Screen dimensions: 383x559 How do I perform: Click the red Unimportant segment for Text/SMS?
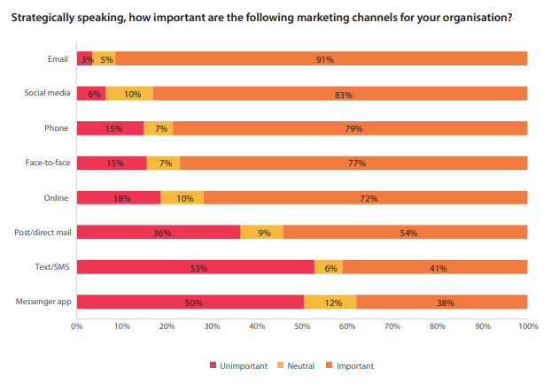click(x=195, y=267)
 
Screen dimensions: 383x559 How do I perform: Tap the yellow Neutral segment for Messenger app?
click(x=330, y=302)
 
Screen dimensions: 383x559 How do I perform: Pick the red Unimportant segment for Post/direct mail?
click(x=158, y=233)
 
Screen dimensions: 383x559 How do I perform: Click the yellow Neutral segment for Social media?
click(x=129, y=94)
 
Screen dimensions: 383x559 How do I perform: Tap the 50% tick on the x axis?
click(x=302, y=326)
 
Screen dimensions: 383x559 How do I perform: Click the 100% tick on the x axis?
click(x=527, y=326)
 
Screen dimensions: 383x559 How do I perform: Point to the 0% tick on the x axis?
click(x=77, y=326)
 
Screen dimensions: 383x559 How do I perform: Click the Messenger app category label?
click(x=43, y=302)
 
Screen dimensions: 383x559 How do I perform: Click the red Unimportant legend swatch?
click(x=213, y=365)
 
